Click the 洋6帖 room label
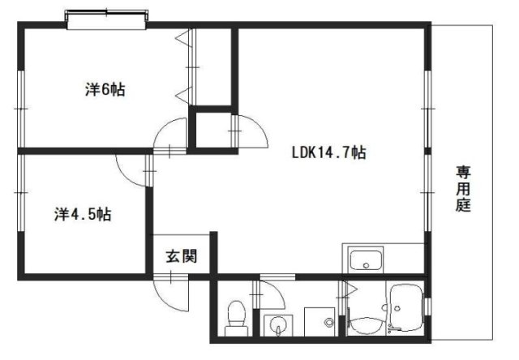coord(105,89)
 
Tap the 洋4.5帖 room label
coord(83,214)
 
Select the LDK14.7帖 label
coord(328,152)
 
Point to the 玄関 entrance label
coord(182,256)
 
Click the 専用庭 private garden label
coord(463,189)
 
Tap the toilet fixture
coord(236,318)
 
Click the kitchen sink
coord(366,260)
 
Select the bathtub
coord(406,307)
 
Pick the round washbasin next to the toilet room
coord(277,324)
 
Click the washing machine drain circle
coord(328,322)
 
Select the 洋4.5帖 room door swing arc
coord(127,176)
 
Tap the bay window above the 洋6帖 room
coord(106,19)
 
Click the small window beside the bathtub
coord(428,306)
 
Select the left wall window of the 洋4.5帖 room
coord(21,193)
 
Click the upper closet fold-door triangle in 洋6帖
coord(183,38)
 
